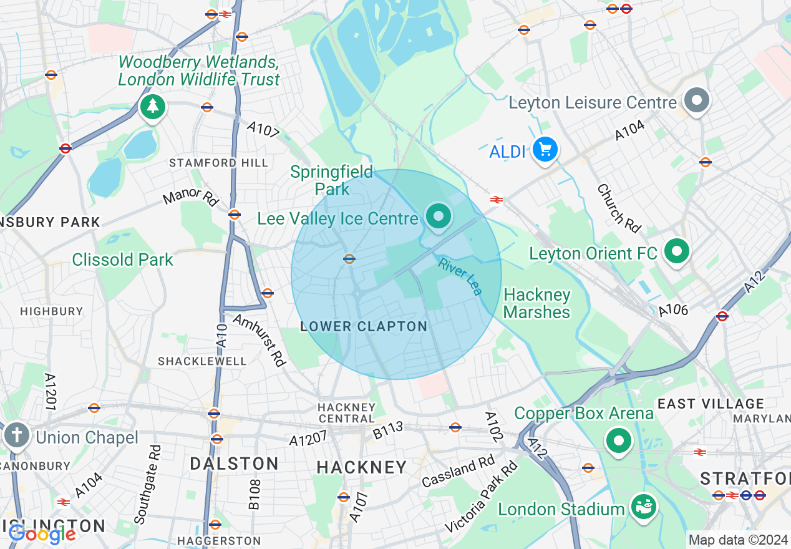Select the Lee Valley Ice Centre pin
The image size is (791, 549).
coord(439,216)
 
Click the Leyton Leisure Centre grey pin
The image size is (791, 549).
coord(697,100)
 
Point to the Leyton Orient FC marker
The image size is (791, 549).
coord(677,251)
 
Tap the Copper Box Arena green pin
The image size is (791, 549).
coord(618,441)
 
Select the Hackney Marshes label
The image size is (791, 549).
coord(536,303)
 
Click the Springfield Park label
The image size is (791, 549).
coord(332,180)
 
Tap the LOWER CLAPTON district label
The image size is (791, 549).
coord(364,326)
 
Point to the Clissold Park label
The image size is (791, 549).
coord(122,260)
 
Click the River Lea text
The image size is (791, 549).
coord(460,276)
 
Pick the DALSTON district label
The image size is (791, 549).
coord(234,464)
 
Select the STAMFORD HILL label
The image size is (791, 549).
coord(218,163)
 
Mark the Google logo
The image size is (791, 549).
coord(42,534)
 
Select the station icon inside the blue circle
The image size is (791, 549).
coord(349,258)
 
